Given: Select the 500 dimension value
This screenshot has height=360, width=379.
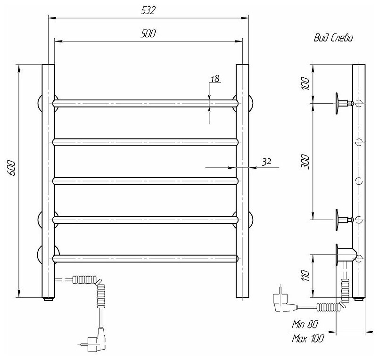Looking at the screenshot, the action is click(148, 33).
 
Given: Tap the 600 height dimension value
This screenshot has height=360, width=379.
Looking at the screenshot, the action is click(12, 169).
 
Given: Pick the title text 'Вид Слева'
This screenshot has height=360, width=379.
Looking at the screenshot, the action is click(333, 39).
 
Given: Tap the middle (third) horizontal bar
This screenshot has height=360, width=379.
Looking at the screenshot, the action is click(146, 180).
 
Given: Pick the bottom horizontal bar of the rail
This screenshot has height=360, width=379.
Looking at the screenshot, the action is click(146, 258).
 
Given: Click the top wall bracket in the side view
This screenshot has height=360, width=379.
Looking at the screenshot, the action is click(344, 102).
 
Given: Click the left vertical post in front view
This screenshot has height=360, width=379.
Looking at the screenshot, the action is click(48, 181).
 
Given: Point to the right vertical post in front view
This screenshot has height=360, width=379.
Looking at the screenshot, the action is click(242, 181).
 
